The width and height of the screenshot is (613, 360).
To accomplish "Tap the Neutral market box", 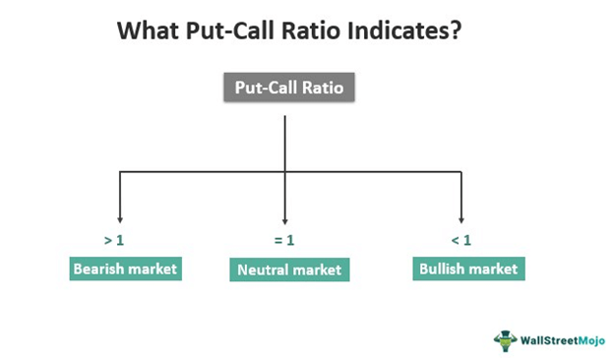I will pyautogui.click(x=288, y=270).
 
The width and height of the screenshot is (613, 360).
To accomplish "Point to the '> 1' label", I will pyautogui.click(x=114, y=239).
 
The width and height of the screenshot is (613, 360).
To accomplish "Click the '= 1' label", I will pyautogui.click(x=284, y=239).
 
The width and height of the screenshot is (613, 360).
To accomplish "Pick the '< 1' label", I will pyautogui.click(x=460, y=239).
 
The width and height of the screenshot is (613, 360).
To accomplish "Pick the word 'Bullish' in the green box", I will pyautogui.click(x=443, y=267).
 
